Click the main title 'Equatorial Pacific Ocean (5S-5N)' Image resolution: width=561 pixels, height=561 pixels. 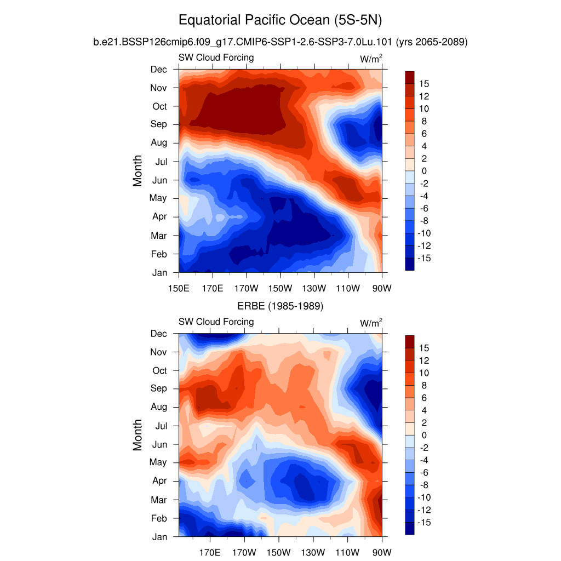[280, 21]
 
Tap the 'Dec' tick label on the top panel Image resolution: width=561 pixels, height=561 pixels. [159, 69]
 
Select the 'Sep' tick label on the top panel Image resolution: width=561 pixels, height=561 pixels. [159, 124]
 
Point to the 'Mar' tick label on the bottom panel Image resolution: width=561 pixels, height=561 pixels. [159, 500]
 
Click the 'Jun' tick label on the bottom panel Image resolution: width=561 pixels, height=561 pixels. [159, 444]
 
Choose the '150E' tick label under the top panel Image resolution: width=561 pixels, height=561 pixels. [179, 288]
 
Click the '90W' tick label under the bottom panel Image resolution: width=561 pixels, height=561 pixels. [381, 552]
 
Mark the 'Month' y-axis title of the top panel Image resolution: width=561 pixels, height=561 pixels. [138, 170]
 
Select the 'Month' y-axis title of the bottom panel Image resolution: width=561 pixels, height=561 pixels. [138, 435]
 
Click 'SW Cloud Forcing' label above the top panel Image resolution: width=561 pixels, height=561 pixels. [216, 58]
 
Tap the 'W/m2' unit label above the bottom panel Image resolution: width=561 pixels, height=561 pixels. [371, 323]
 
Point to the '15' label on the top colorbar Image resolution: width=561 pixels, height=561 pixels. [424, 84]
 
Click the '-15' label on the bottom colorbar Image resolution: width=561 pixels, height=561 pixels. [424, 523]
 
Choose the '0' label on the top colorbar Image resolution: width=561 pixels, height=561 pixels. [423, 171]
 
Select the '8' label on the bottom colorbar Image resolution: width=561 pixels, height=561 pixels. [423, 386]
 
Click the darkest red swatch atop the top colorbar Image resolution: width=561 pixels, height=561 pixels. [410, 77]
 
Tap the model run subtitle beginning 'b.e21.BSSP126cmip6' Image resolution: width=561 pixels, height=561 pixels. [280, 42]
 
